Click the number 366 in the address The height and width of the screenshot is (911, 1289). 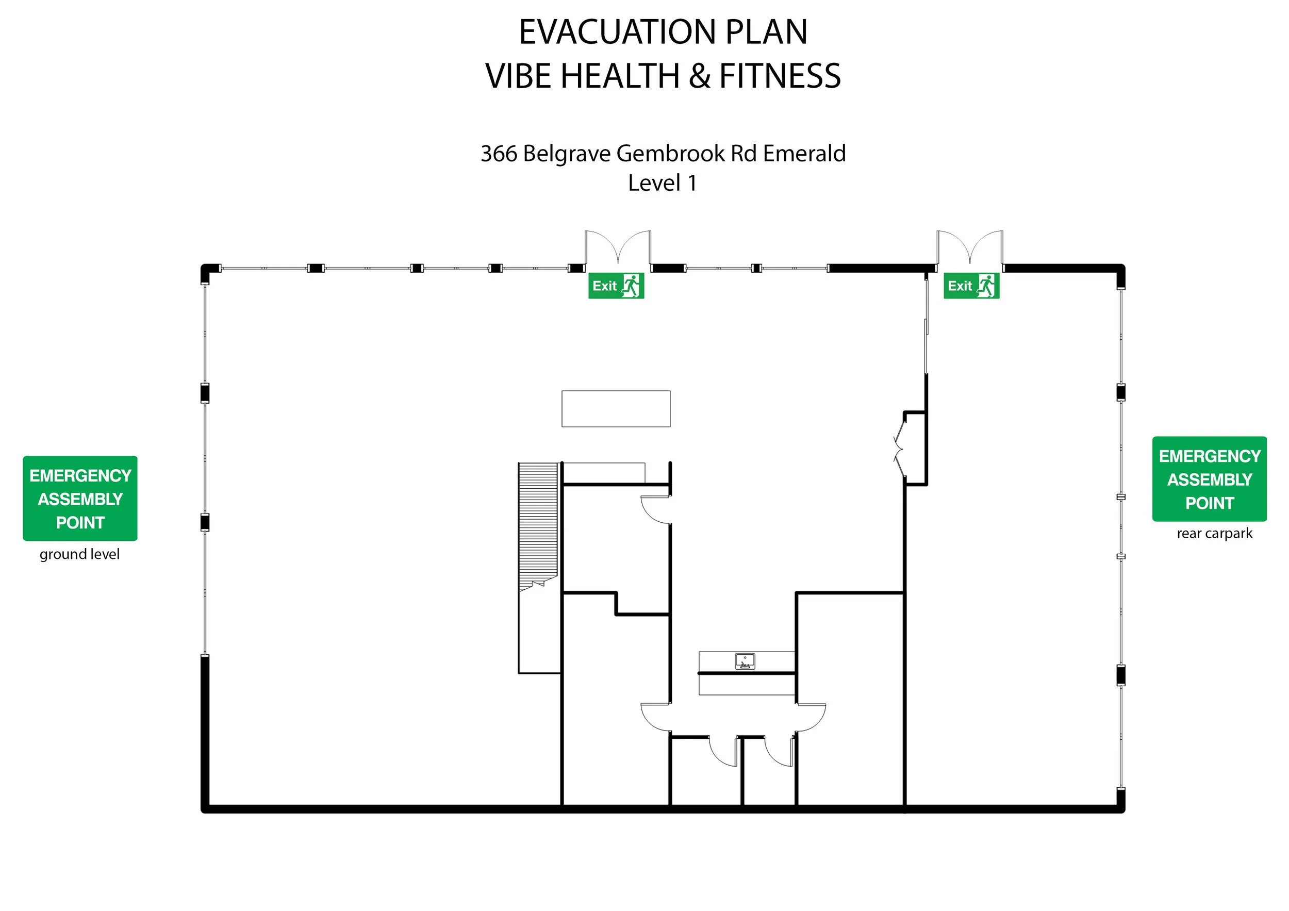499,153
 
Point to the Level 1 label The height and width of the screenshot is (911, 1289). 663,183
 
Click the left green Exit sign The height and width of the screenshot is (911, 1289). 616,286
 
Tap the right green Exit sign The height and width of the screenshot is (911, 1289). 971,286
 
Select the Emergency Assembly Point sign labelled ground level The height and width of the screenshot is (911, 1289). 80,499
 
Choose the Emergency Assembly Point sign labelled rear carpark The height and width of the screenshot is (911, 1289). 1209,479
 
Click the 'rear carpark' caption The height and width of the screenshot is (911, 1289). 1214,533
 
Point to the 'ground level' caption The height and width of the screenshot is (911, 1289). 80,554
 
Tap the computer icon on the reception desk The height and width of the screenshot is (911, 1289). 745,661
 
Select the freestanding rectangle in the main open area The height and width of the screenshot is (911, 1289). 616,409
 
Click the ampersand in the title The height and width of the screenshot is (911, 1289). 700,76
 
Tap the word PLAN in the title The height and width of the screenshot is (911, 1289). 766,32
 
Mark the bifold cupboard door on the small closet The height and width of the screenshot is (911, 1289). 899,449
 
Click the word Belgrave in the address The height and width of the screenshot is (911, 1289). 567,153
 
